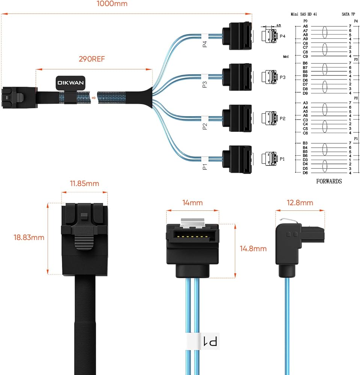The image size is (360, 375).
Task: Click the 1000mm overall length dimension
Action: coord(112,4)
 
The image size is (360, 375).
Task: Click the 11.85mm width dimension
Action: coord(84,184)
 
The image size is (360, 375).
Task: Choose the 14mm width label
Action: coord(192,203)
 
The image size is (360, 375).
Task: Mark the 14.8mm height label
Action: coord(253,248)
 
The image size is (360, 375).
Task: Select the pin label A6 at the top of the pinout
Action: coord(305,26)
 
